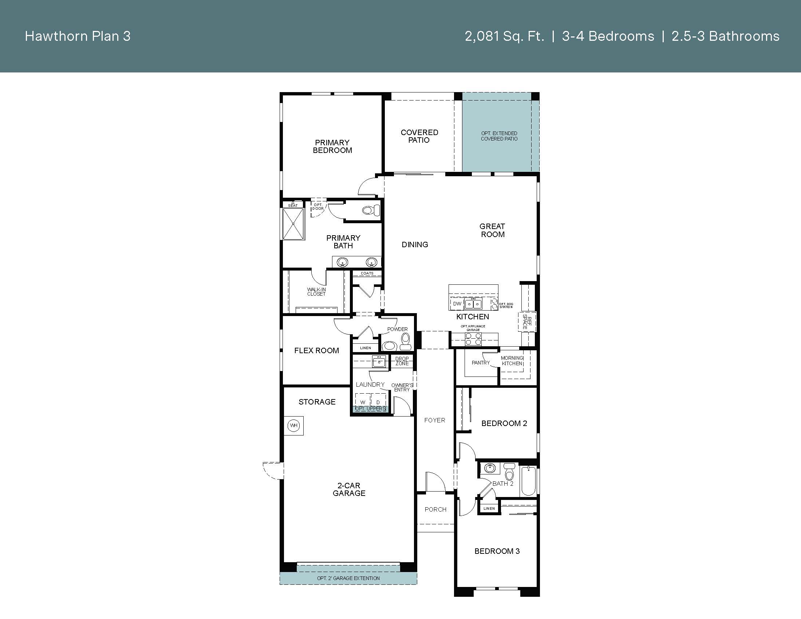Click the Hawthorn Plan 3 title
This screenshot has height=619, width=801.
(x=78, y=36)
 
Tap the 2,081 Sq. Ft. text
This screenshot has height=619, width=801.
(x=504, y=36)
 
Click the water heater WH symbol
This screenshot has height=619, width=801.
(x=294, y=425)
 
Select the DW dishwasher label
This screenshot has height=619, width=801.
(x=457, y=304)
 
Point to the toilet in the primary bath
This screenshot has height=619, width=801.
(x=371, y=210)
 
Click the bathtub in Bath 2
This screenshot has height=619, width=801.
(x=528, y=481)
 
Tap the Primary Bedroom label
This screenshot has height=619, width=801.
(x=332, y=146)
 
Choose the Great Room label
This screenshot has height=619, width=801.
(x=492, y=230)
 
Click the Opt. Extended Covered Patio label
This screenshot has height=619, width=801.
(x=499, y=136)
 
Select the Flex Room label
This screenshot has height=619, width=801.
(x=316, y=351)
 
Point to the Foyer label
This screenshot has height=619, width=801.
(x=435, y=420)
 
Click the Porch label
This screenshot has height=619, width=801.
(x=435, y=509)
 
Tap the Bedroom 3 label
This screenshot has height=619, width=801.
(x=497, y=551)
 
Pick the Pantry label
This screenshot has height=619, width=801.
(x=481, y=363)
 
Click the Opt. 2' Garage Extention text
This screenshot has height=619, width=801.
(x=348, y=578)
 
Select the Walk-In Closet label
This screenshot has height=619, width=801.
(x=316, y=292)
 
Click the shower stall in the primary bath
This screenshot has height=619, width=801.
(x=293, y=224)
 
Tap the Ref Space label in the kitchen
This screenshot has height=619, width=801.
(x=527, y=322)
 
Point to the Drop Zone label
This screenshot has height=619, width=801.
(x=402, y=361)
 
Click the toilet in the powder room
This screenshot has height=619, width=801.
(x=405, y=342)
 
